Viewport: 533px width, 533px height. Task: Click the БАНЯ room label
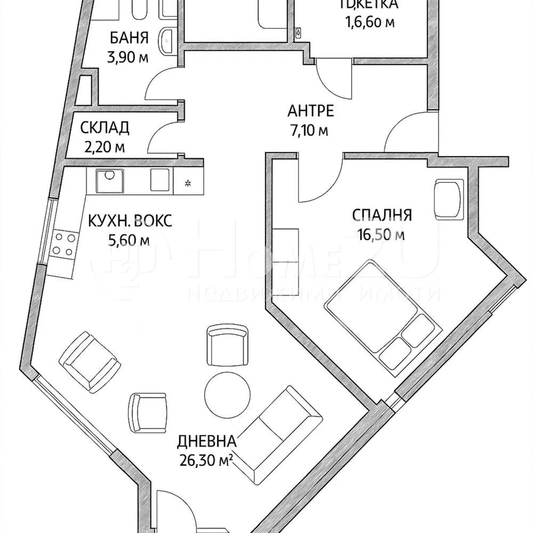tap(129, 39)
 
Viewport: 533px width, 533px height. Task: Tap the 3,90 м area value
tap(128, 58)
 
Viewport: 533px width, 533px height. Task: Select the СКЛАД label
tap(104, 128)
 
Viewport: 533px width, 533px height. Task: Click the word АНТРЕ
tap(311, 111)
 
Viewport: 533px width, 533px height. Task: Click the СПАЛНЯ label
tap(382, 215)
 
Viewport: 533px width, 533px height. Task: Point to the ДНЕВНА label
tap(206, 441)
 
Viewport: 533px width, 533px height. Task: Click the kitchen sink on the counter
tap(109, 180)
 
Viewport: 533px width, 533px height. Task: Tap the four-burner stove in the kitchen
tap(63, 244)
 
